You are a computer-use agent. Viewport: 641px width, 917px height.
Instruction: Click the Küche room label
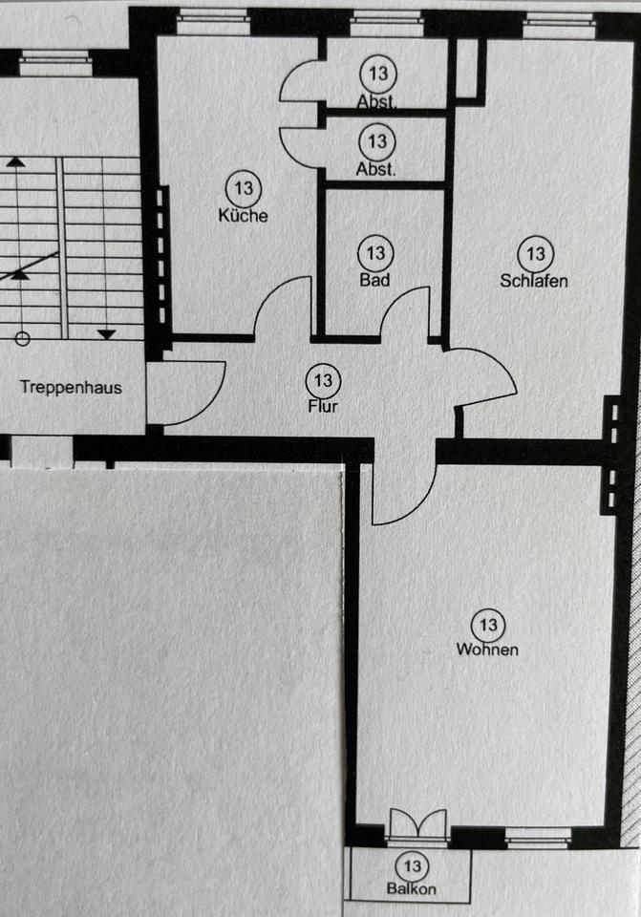(243, 216)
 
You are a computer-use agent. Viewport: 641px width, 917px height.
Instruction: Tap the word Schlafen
(534, 281)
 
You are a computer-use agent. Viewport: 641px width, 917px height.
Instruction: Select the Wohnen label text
(487, 650)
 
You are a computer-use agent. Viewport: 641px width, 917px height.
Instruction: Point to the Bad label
(374, 281)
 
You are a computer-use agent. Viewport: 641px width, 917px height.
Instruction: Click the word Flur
(322, 405)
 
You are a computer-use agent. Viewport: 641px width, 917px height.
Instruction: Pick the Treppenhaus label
(71, 389)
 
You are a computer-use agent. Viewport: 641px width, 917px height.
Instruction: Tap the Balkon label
(413, 888)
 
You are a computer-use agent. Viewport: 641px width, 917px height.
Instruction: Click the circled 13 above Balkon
(413, 866)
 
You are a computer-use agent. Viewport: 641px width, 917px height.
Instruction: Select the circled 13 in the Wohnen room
(487, 626)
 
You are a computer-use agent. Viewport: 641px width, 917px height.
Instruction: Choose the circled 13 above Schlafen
(535, 254)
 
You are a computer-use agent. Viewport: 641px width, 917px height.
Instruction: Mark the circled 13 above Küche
(243, 188)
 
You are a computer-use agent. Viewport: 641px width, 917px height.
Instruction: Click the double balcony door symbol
(418, 825)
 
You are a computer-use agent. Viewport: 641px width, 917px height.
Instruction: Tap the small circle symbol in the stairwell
(23, 337)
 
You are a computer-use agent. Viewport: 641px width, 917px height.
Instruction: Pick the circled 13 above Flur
(323, 381)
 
